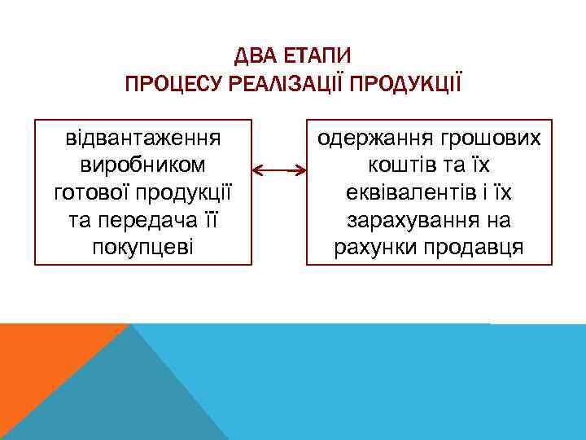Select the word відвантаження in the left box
click(143, 137)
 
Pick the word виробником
click(143, 165)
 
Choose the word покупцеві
click(143, 246)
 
